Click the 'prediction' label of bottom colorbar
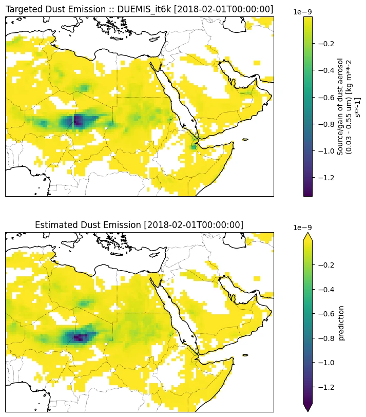[341, 323]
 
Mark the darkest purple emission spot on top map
[78, 121]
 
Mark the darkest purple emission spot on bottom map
[80, 337]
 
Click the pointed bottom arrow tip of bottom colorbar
[308, 410]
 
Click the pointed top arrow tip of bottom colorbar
[308, 233]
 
